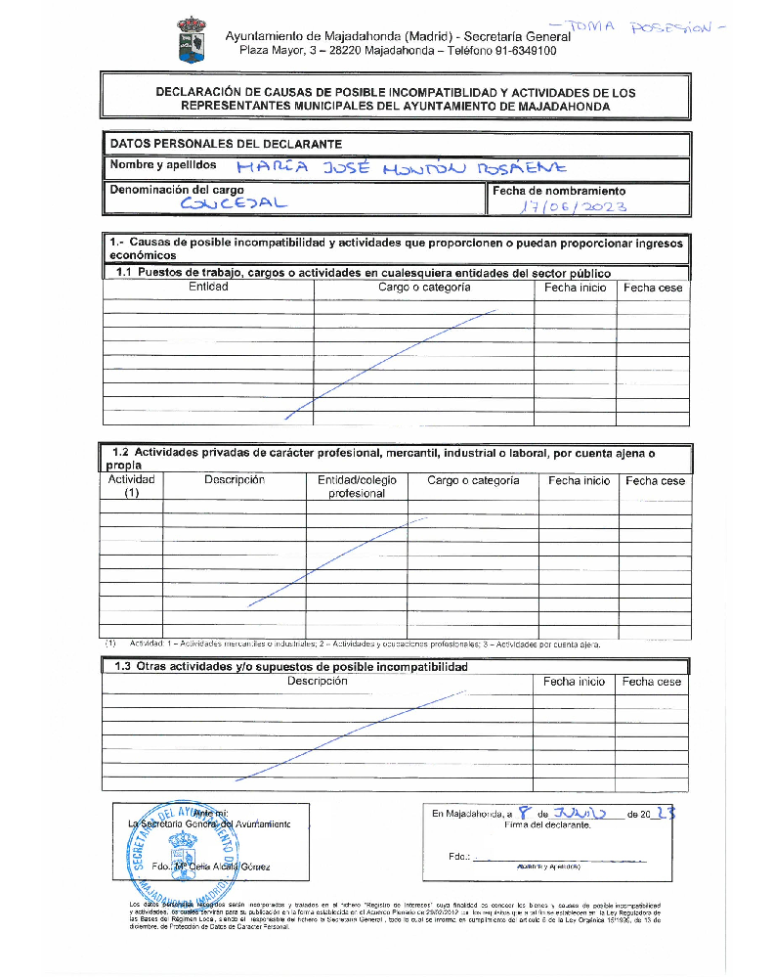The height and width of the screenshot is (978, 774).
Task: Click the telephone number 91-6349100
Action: point(523,51)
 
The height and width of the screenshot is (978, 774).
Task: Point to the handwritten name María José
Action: point(294,168)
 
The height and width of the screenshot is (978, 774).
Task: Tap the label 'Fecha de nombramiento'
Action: point(559,192)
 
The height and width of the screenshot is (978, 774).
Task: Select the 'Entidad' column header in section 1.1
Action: point(208,288)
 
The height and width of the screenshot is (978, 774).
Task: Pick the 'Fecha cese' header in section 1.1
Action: point(653,289)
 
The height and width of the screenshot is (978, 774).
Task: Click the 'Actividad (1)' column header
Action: point(131,487)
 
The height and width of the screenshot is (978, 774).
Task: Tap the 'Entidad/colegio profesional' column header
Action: point(357,487)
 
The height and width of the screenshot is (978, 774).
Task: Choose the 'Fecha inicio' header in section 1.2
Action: point(579,481)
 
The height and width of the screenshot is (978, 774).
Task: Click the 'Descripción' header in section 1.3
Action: point(318,682)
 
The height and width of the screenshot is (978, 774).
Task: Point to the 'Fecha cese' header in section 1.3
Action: point(652,682)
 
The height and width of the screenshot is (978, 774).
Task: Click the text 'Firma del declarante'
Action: point(547,825)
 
